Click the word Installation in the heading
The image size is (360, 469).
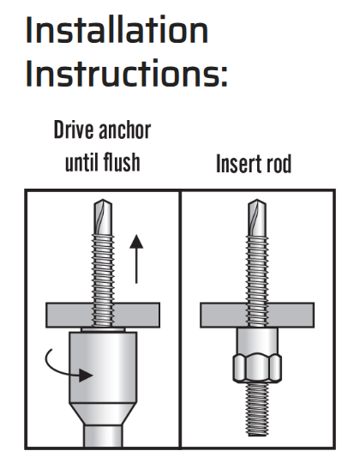(117, 30)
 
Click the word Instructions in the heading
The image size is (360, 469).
(123, 73)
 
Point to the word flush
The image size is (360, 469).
(122, 162)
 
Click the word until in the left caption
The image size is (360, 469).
(82, 162)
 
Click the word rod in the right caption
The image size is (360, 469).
(277, 165)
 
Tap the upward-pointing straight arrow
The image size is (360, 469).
(136, 259)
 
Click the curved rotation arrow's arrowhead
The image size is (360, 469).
(86, 375)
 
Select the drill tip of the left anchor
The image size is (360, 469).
(103, 217)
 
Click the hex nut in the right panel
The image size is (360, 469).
(257, 368)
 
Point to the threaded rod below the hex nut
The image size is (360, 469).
(257, 409)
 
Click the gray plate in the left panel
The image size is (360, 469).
(103, 315)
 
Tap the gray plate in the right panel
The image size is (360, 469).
(257, 315)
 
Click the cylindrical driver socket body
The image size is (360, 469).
(103, 367)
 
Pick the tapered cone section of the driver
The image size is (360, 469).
(103, 414)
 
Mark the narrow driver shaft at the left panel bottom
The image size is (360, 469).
(103, 436)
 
